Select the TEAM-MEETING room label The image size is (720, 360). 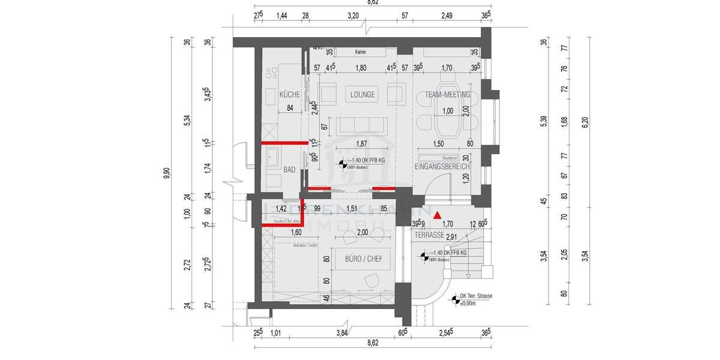click(x=447, y=94)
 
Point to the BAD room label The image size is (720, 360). click(x=289, y=170)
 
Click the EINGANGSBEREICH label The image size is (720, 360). click(x=442, y=166)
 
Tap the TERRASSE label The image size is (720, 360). click(x=429, y=236)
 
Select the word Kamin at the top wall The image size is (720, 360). click(x=361, y=52)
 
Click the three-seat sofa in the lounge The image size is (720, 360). click(x=360, y=125)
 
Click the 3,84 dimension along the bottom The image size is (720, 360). click(x=342, y=333)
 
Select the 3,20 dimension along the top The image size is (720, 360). click(x=353, y=15)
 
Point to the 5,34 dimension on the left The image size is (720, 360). click(x=187, y=121)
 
